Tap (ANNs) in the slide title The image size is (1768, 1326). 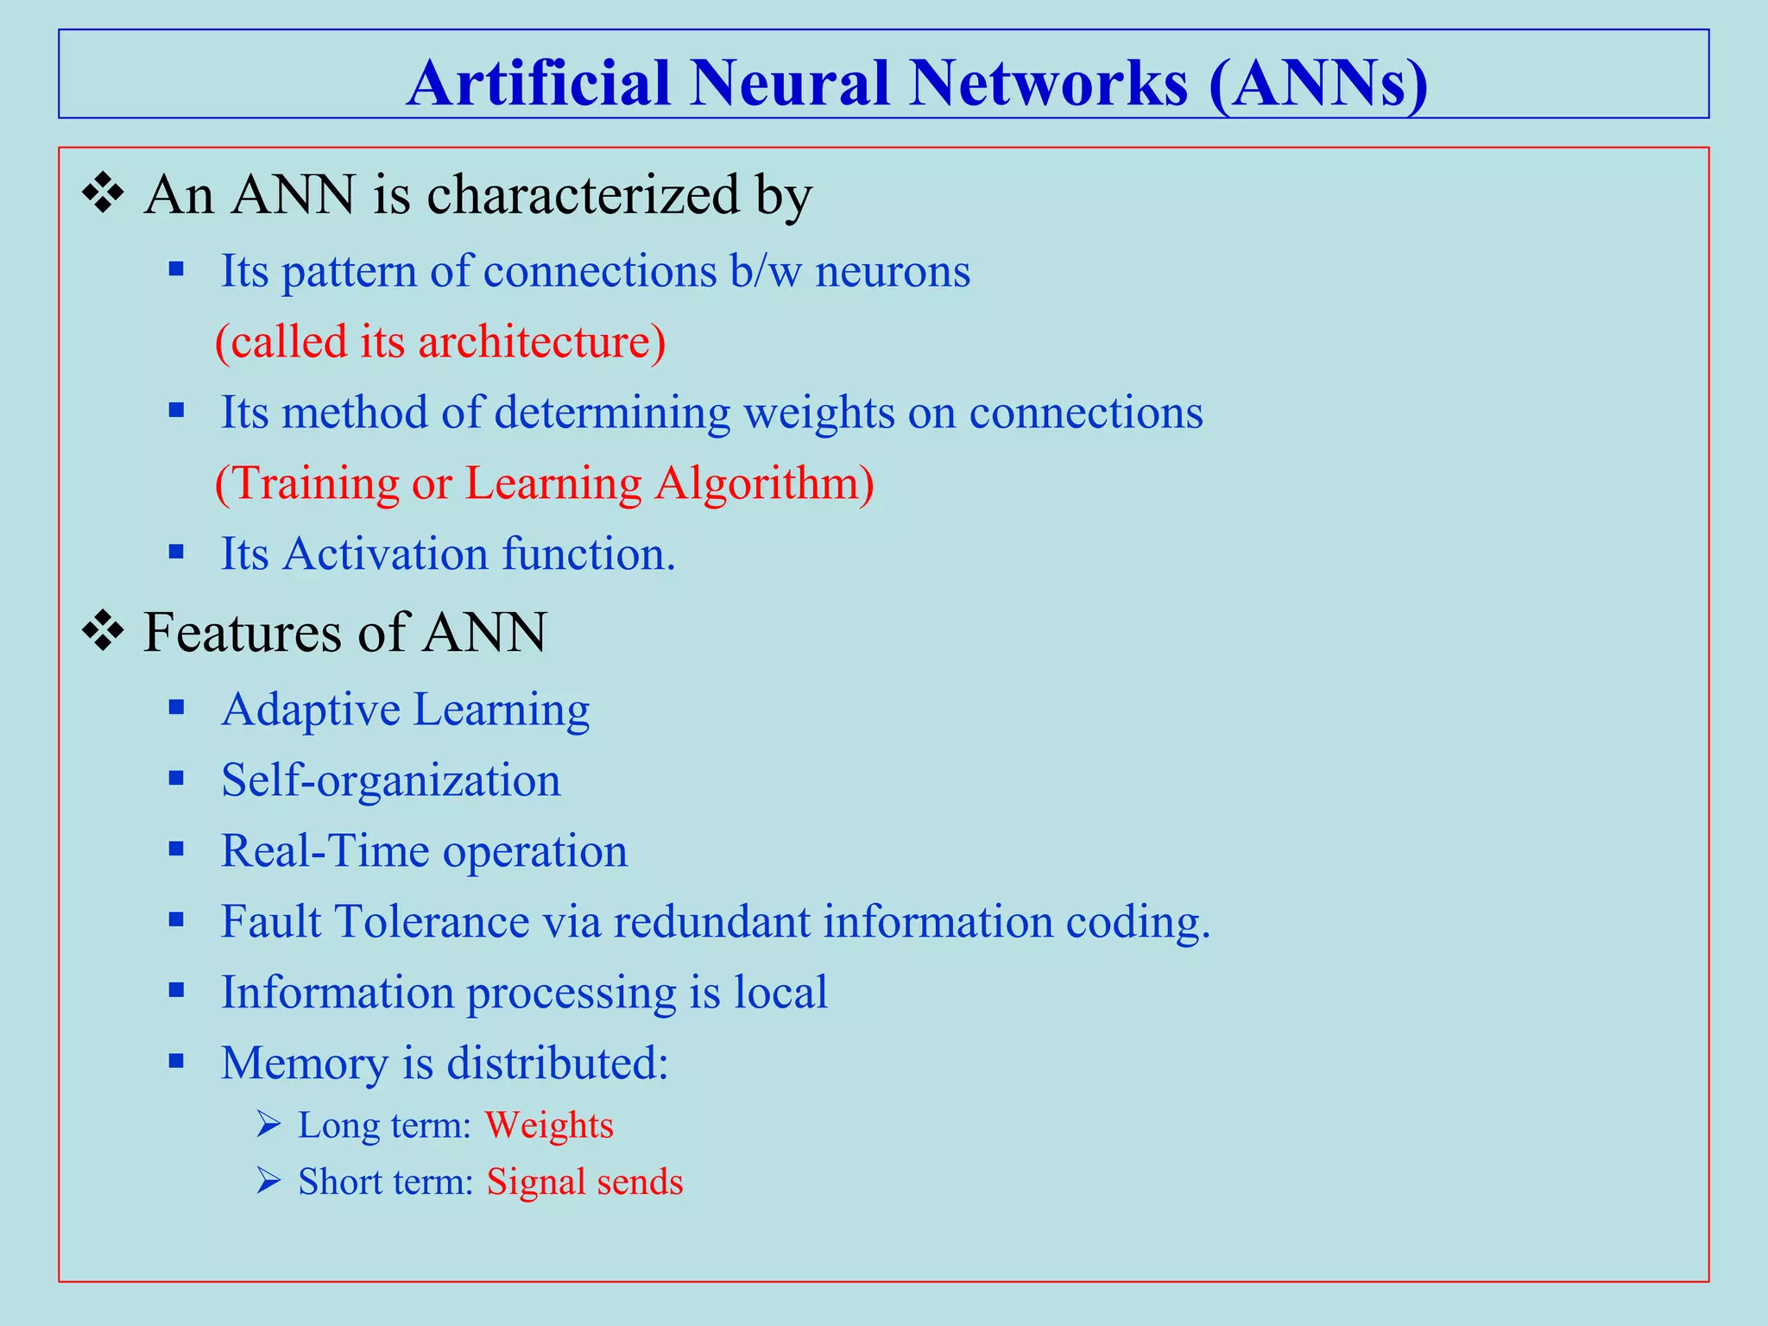1318,84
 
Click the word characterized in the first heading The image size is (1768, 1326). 583,195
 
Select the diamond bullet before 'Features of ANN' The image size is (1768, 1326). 103,631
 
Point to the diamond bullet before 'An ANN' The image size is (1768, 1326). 103,194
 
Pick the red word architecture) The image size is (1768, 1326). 542,342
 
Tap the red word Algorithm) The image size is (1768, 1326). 764,483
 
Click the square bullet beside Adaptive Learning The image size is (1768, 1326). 177,709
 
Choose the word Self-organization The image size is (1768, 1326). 390,780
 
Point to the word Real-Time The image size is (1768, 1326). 325,851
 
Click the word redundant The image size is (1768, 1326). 711,922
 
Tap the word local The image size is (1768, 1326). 780,992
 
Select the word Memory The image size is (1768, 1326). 304,1063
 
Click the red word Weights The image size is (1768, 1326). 549,1126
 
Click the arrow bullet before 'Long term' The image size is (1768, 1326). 268,1125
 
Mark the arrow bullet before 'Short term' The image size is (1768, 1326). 268,1181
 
